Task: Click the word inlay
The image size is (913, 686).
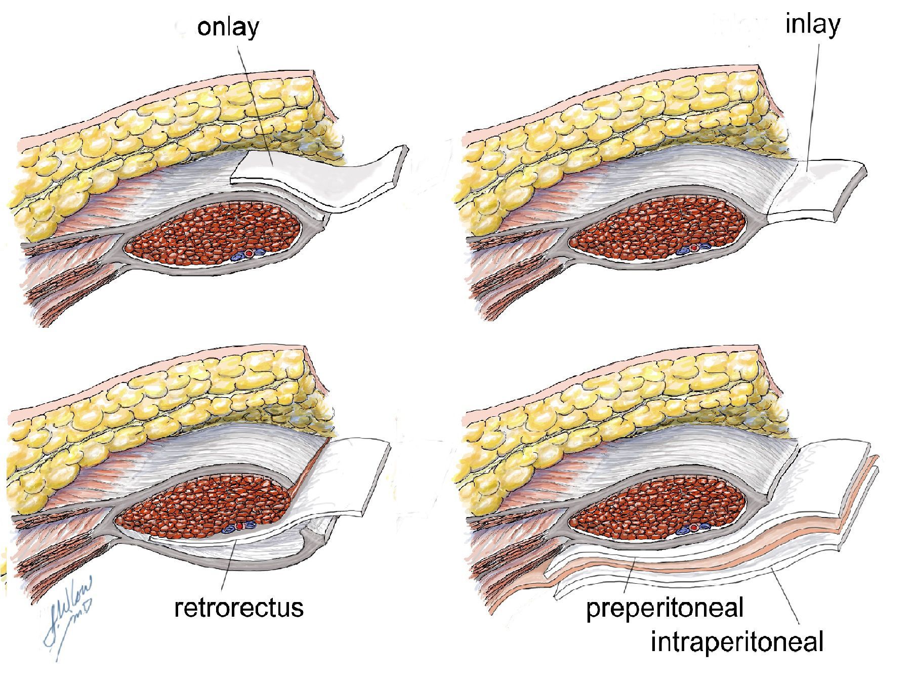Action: (812, 24)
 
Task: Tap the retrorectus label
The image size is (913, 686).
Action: (239, 607)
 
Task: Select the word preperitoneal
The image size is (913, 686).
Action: (665, 607)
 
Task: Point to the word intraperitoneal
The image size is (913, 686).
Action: (737, 641)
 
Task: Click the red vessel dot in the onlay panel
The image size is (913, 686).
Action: (248, 253)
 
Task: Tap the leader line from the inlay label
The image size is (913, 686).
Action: (812, 101)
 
